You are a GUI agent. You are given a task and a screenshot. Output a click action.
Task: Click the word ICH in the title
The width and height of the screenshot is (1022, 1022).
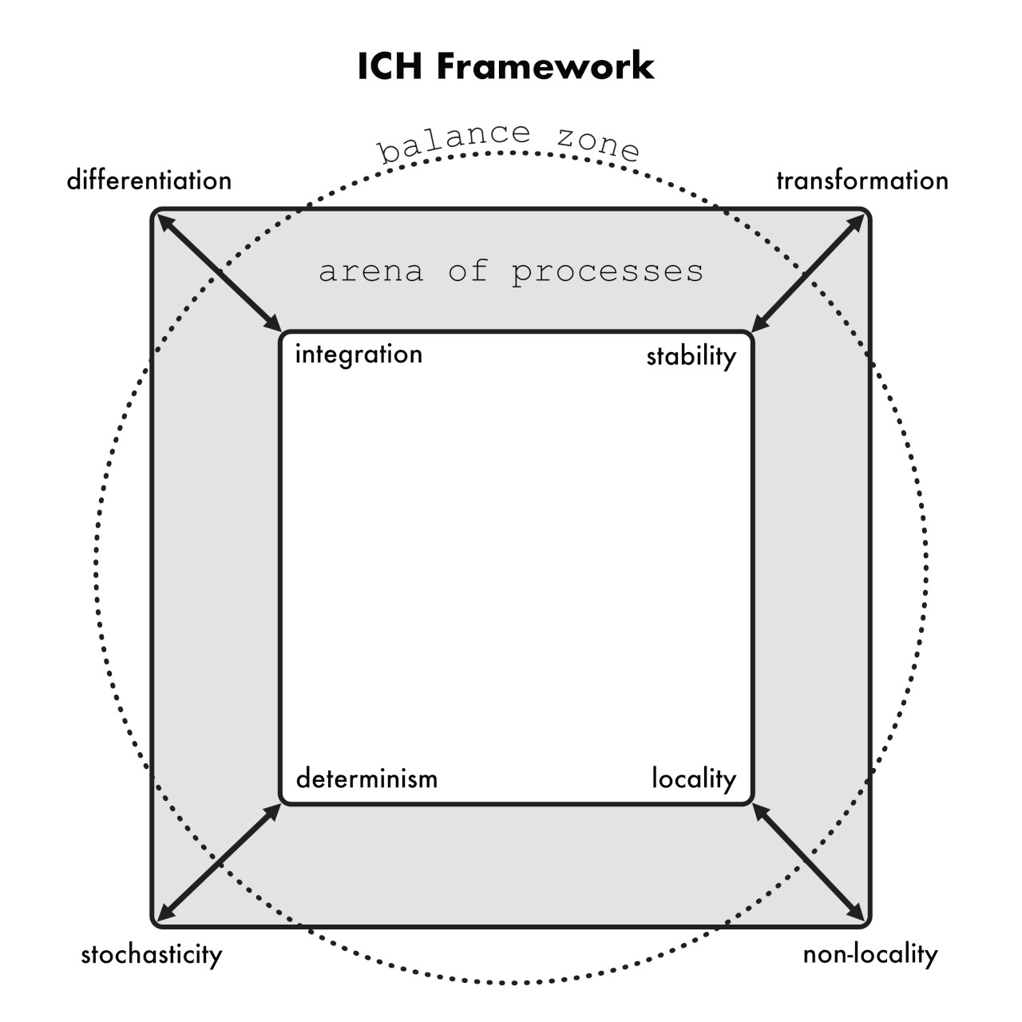(x=390, y=66)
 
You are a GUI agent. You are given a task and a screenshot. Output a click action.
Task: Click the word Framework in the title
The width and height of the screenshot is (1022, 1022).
(x=545, y=66)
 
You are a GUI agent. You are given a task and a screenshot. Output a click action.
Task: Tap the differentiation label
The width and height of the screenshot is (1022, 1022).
(x=149, y=180)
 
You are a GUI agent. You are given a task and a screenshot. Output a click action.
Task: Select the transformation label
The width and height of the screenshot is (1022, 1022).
(x=862, y=181)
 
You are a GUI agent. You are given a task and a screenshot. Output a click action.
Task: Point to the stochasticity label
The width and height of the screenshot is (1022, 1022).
(x=152, y=955)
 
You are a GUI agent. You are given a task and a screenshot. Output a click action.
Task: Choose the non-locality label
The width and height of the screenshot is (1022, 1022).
(x=870, y=954)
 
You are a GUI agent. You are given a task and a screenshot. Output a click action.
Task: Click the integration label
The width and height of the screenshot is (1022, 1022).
(x=359, y=355)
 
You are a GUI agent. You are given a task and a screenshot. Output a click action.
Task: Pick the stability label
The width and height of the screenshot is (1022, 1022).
(x=691, y=356)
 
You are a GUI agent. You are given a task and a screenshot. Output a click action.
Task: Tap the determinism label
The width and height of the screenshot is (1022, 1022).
(x=367, y=779)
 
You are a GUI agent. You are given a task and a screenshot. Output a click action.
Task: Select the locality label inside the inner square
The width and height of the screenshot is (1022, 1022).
(x=694, y=779)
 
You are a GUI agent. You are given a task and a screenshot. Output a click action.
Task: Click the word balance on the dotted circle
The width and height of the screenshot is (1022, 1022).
(x=454, y=141)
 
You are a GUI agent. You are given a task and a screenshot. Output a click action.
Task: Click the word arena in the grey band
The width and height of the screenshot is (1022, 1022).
(x=370, y=271)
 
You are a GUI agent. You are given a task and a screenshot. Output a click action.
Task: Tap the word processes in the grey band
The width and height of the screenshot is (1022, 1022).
(x=608, y=273)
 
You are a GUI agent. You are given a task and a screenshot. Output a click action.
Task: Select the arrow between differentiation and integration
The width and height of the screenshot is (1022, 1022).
(x=220, y=274)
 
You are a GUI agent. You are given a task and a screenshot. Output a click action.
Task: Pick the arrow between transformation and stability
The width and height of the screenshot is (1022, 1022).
(x=808, y=274)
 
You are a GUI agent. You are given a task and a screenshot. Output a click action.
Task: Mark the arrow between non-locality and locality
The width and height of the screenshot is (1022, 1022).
(x=808, y=862)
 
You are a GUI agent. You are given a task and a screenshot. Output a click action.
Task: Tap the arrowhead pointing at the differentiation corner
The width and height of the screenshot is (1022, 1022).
(x=166, y=222)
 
